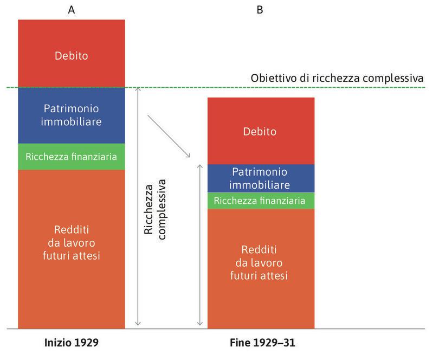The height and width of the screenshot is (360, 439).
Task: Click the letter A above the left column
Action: (71, 9)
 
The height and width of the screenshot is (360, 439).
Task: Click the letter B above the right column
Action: (260, 9)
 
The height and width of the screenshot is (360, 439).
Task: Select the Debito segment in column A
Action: (72, 54)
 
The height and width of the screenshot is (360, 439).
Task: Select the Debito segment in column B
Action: (261, 131)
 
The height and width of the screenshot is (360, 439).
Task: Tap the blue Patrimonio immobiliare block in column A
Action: (72, 115)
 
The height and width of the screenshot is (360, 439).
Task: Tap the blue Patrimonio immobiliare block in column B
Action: (261, 178)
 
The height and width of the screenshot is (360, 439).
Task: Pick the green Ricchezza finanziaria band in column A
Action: (72, 157)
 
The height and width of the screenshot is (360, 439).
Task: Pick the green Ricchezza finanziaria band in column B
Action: (261, 201)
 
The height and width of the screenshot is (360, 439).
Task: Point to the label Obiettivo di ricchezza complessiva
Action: (336, 78)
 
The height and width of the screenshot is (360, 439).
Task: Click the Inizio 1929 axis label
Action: (71, 343)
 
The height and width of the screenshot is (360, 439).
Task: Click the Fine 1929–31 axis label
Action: (261, 343)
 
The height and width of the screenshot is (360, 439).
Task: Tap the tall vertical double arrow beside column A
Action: (137, 206)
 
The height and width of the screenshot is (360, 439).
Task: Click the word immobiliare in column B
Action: (261, 184)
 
